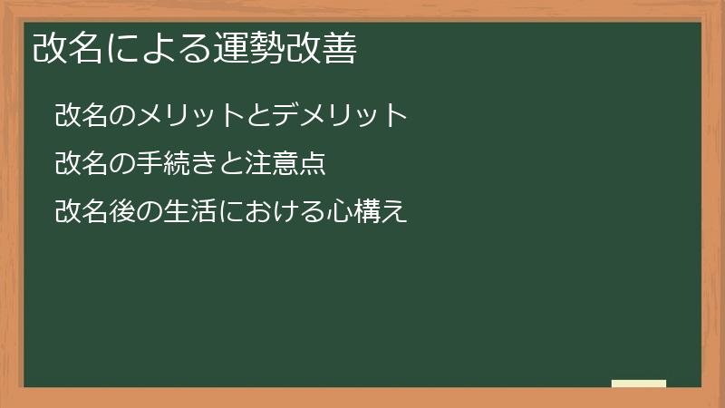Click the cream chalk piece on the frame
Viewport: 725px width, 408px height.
(639, 384)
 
